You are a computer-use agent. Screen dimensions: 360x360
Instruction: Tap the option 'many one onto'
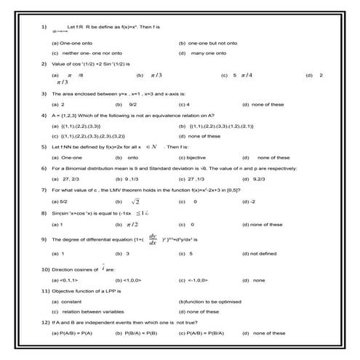click(x=212, y=53)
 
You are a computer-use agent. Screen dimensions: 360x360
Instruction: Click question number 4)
click(x=44, y=115)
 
